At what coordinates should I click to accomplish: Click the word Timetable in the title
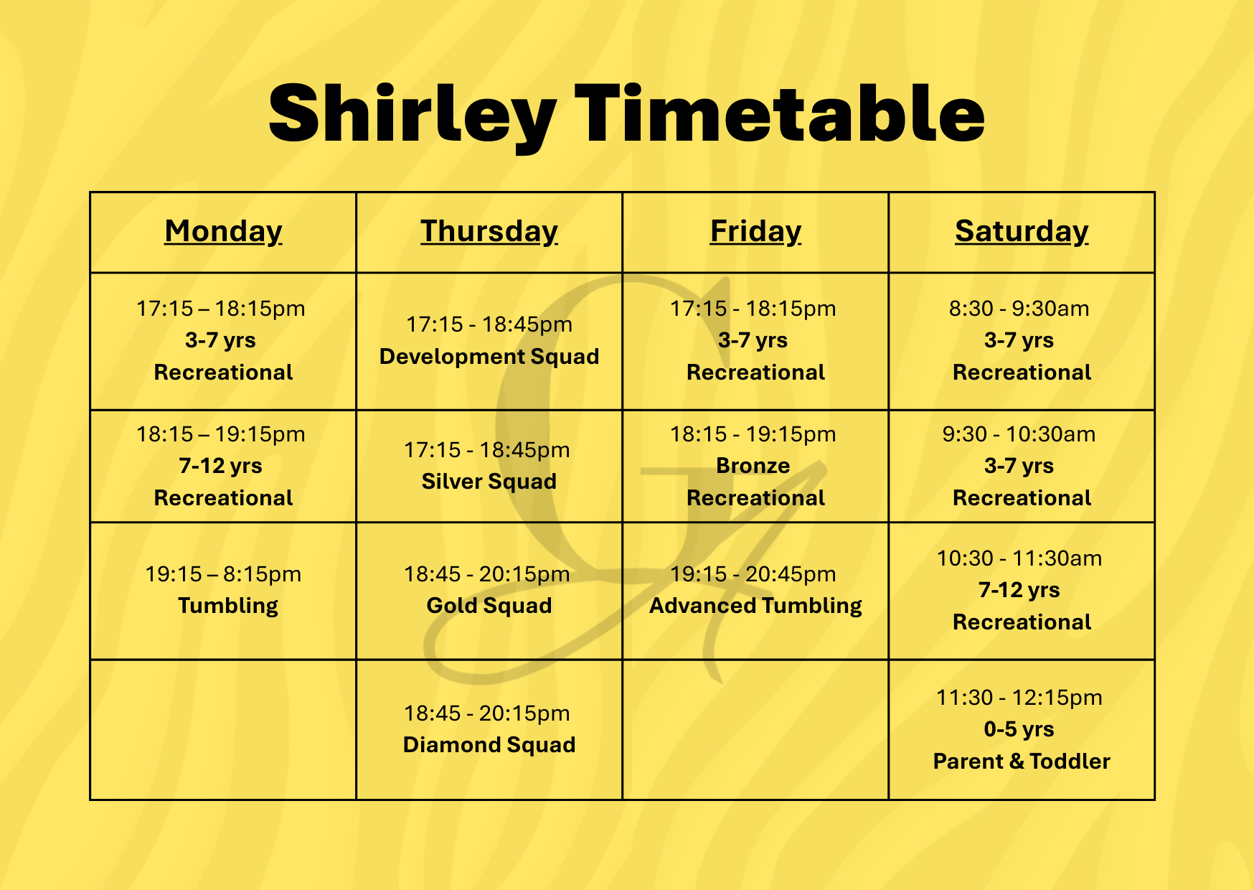[780, 113]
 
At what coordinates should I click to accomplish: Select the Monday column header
[223, 231]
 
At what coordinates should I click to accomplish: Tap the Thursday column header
[489, 231]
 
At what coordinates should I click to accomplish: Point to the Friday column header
[755, 231]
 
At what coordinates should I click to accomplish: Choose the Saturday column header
[1022, 231]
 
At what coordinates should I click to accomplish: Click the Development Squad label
[489, 357]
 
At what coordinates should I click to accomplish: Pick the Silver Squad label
[489, 482]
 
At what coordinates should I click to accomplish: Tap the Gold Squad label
[489, 606]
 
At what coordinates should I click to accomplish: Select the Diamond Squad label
[489, 745]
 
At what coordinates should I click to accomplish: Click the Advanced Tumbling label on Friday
[755, 606]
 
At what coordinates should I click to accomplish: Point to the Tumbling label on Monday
[228, 606]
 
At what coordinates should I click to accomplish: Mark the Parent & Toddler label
[1022, 762]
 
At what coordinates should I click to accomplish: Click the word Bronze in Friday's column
[753, 466]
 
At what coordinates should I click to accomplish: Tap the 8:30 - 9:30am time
[1019, 309]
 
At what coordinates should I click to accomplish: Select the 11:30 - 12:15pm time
[1019, 698]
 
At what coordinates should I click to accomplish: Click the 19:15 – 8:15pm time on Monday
[223, 574]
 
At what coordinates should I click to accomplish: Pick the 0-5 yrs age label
[1019, 729]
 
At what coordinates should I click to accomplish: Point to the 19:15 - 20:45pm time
[753, 574]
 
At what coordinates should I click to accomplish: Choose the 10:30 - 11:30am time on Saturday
[1019, 558]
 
